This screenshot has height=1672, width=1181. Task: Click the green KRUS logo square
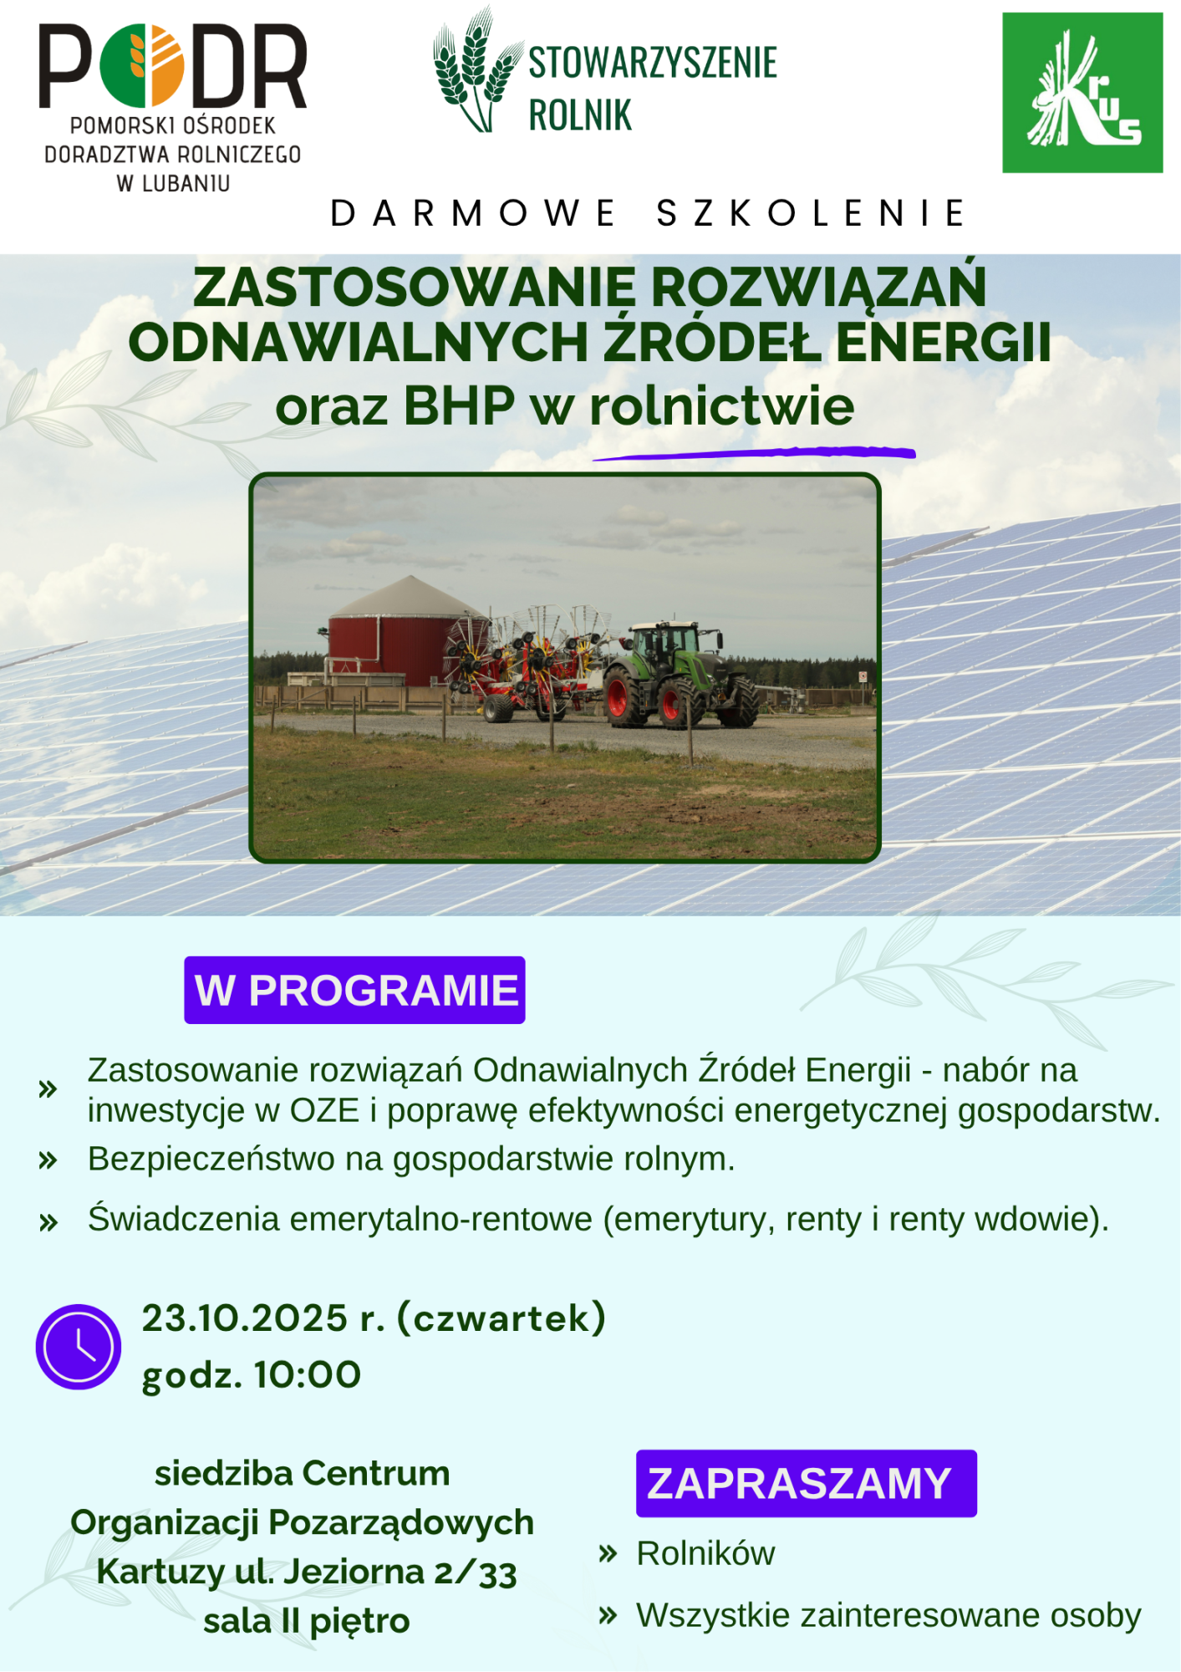coord(1082,93)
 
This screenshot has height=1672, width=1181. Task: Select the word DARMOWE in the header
coord(473,213)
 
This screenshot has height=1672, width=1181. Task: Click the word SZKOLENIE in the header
coord(812,213)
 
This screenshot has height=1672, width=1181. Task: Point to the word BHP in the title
coord(459,407)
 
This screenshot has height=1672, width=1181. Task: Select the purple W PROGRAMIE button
coord(354,990)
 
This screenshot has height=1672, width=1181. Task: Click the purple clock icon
coord(79,1347)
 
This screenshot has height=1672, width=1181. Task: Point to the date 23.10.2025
coord(244,1318)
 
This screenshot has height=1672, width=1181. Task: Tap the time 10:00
coord(308,1375)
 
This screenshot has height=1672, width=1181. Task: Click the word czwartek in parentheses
coord(501,1318)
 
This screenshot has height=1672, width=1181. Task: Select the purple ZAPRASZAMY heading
coord(807,1484)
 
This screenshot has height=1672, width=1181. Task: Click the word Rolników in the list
coord(705,1553)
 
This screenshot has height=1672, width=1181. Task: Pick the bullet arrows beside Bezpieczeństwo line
coord(48,1160)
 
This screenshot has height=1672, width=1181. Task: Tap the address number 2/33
coord(476,1573)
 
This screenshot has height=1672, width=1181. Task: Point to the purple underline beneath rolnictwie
coord(754,453)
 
